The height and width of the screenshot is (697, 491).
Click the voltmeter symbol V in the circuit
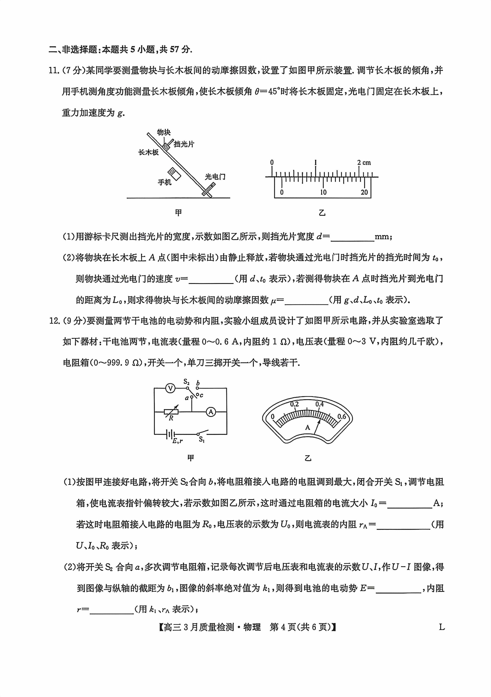pyautogui.click(x=171, y=388)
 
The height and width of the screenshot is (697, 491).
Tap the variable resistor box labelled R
pyautogui.click(x=171, y=412)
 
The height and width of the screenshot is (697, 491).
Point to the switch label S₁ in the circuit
pyautogui.click(x=201, y=440)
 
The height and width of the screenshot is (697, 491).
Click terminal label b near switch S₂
pyautogui.click(x=198, y=383)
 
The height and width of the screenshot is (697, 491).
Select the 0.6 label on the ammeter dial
pyautogui.click(x=342, y=417)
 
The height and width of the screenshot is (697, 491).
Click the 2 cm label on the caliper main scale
pyautogui.click(x=364, y=163)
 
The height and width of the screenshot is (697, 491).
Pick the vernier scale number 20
pyautogui.click(x=364, y=192)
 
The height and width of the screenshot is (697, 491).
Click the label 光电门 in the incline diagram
pyautogui.click(x=215, y=177)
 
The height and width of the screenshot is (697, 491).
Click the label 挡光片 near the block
pyautogui.click(x=184, y=144)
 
